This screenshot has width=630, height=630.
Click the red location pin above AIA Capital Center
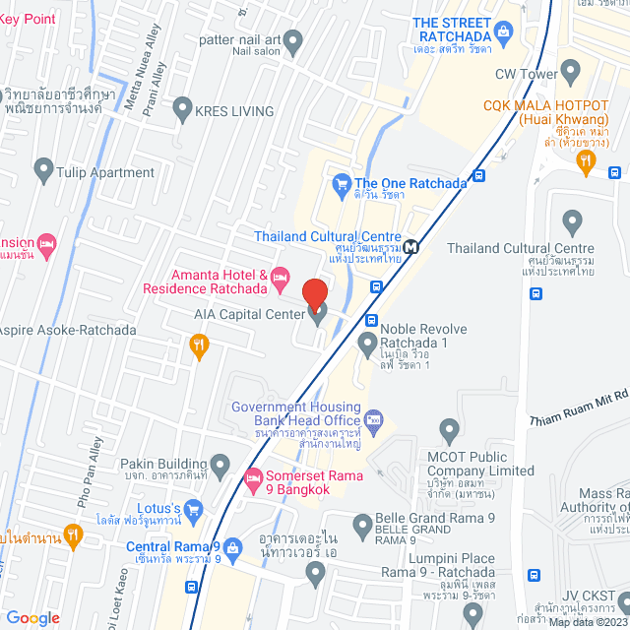click(x=314, y=295)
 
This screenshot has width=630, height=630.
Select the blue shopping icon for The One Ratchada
click(x=342, y=183)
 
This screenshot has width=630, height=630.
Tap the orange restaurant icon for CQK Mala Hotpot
click(x=586, y=160)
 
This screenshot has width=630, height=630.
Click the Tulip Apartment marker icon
click(x=43, y=172)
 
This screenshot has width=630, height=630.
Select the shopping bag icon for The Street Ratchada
click(x=504, y=33)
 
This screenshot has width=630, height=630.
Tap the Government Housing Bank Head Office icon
click(x=373, y=421)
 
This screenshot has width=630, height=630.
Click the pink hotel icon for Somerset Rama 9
click(x=251, y=479)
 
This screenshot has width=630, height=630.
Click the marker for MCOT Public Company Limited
click(x=450, y=429)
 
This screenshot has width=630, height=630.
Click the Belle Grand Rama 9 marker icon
click(x=361, y=522)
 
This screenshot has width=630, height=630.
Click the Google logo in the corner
click(x=31, y=617)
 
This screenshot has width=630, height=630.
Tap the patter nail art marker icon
click(x=292, y=40)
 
